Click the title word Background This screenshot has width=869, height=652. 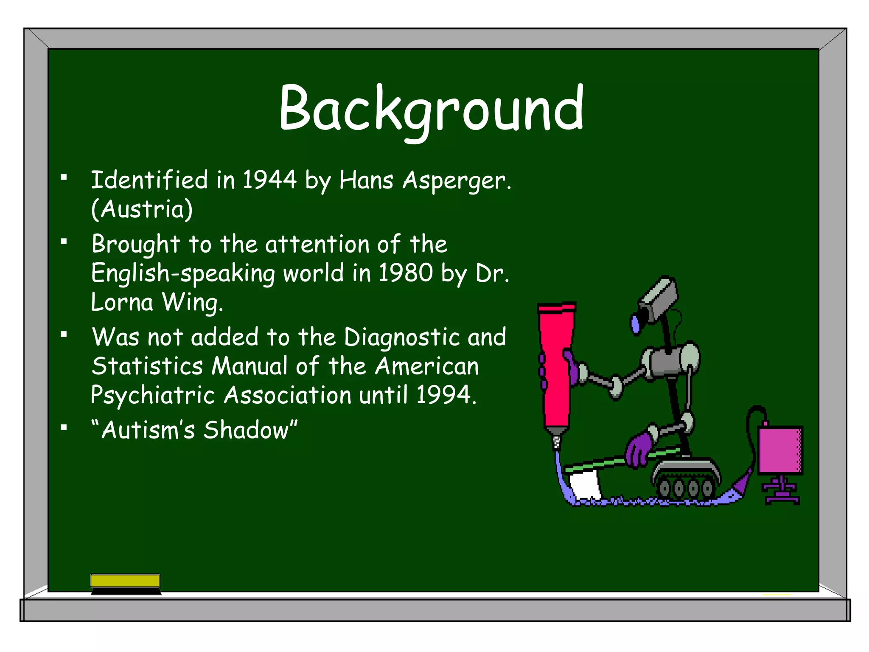click(431, 109)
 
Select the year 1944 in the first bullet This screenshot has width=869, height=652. click(269, 180)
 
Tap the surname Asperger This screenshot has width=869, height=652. click(457, 181)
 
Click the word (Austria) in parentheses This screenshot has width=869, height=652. click(142, 209)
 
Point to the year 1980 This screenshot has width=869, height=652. click(405, 273)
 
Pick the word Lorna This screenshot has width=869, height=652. click(122, 302)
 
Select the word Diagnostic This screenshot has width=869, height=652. click(401, 337)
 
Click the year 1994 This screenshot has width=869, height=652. click(444, 395)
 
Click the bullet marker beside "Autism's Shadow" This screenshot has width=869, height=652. click(64, 427)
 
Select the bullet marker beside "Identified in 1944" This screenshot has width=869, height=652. click(64, 177)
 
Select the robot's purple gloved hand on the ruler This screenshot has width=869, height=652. click(639, 450)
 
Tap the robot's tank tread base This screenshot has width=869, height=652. click(685, 478)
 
